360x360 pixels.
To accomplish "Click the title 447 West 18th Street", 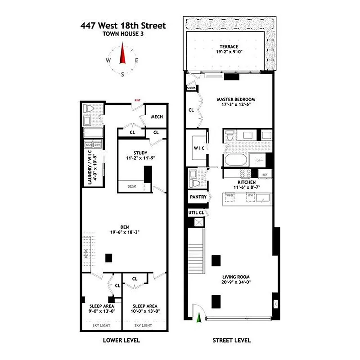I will click(x=123, y=26).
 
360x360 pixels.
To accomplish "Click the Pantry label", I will click(x=198, y=197).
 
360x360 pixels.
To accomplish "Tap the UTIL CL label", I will click(x=196, y=212).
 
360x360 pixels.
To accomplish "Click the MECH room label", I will click(x=157, y=117).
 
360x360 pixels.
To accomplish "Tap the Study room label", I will click(x=134, y=153).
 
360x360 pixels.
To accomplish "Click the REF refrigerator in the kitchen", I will click(x=265, y=175).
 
